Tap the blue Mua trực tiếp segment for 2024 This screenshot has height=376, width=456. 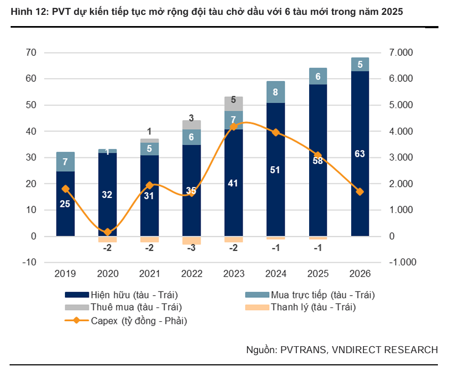pos(276,92)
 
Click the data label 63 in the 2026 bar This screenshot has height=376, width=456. pos(360,154)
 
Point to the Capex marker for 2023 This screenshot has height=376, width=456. pos(234,127)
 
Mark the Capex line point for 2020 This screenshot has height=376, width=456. pos(107,232)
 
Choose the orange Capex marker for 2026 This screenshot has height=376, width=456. pos(360,191)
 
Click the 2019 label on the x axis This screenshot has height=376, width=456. pos(65,274)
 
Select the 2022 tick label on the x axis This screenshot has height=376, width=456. pos(192,274)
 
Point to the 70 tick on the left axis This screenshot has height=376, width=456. pos(31,53)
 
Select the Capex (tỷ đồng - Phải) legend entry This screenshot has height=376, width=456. pos(139,320)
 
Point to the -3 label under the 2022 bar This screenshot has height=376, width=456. pos(192,248)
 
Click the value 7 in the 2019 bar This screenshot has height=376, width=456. pos(65,162)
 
